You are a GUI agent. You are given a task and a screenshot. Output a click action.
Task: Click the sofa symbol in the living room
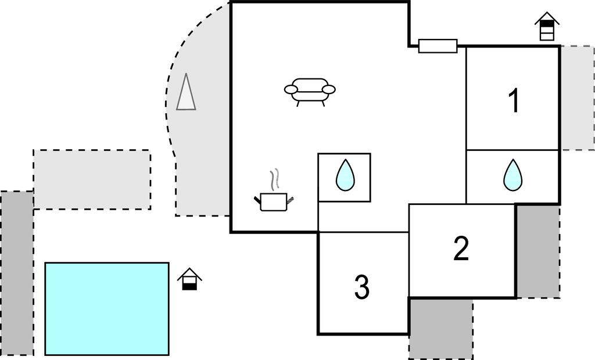click(x=310, y=91)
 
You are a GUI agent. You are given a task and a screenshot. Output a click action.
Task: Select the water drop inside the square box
click(x=345, y=175)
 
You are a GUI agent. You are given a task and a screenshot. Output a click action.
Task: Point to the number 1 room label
click(x=514, y=101)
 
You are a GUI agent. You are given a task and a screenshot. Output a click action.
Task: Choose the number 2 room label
click(x=461, y=249)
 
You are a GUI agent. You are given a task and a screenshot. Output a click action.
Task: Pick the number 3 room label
click(x=361, y=287)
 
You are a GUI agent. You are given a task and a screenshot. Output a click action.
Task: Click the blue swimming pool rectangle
click(x=107, y=308)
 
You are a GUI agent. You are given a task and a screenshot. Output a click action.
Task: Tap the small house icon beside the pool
click(x=189, y=279)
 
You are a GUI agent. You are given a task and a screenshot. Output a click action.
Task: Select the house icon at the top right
click(x=547, y=27)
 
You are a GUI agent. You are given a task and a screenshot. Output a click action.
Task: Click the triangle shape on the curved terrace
click(x=186, y=93)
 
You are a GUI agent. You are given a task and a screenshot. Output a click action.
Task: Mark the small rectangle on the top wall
click(x=438, y=46)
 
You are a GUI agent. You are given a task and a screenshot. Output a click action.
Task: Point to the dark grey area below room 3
click(x=440, y=329)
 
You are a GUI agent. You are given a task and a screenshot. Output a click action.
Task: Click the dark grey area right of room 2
click(x=538, y=251)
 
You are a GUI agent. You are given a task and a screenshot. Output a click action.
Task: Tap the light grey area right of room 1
click(x=577, y=98)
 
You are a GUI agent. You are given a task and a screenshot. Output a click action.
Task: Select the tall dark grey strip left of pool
click(x=16, y=273)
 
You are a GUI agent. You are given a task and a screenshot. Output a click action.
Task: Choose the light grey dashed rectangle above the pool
click(x=92, y=179)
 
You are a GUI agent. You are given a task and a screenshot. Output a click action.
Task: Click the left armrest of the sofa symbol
click(x=291, y=89)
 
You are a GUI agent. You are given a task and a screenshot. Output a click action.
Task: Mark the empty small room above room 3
click(x=363, y=217)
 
